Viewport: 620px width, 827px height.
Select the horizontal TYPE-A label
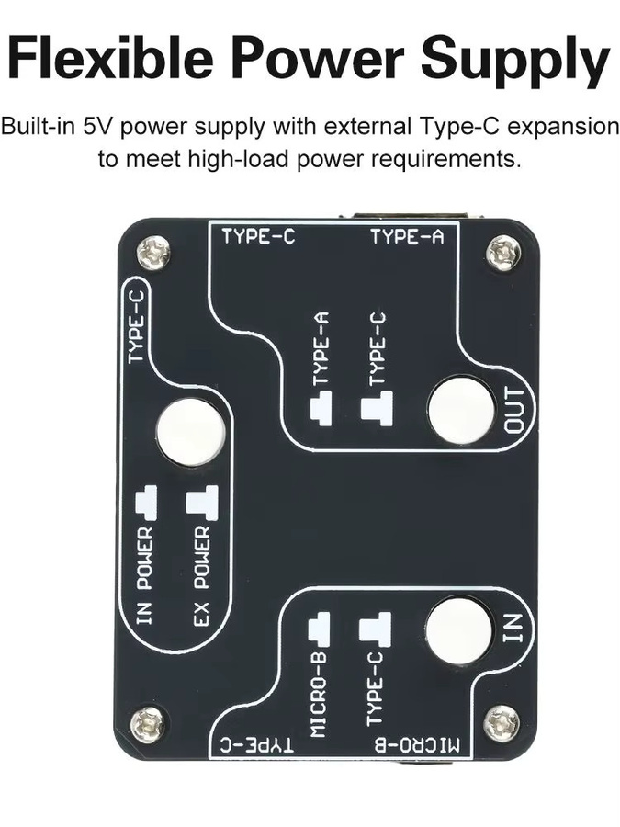point(407,237)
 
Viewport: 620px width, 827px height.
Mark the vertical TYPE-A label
point(321,348)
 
